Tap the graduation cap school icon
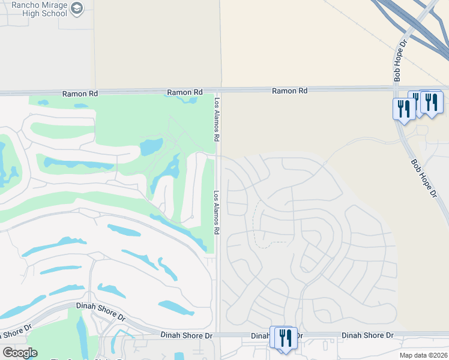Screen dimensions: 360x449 click(77, 8)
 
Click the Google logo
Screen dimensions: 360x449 click(20, 353)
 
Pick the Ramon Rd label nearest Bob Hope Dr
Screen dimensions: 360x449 click(289, 91)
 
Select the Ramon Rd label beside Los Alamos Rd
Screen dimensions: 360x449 click(185, 92)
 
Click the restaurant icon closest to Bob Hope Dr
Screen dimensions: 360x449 click(404, 109)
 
